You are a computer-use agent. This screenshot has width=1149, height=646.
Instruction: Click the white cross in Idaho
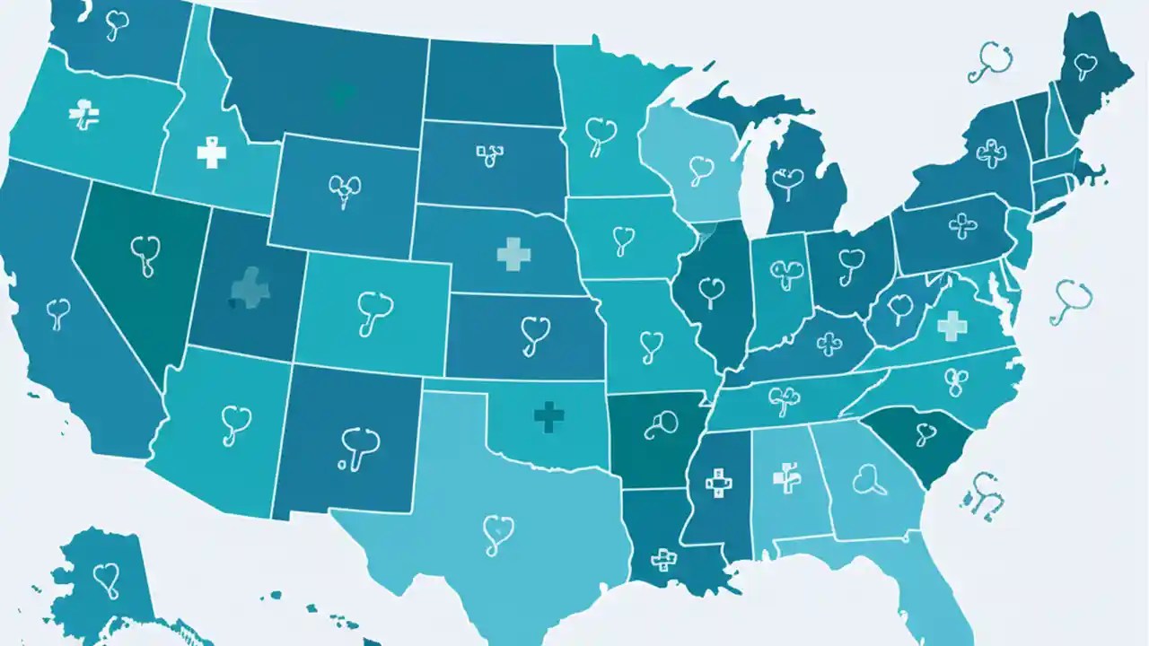211,153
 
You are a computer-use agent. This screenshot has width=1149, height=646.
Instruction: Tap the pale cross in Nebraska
513,254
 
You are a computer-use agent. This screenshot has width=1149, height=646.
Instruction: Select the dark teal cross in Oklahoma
548,415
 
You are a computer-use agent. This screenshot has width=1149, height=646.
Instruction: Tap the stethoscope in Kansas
534,335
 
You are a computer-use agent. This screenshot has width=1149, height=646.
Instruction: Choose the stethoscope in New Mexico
359,447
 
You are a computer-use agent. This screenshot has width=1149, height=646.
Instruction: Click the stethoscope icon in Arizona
234,423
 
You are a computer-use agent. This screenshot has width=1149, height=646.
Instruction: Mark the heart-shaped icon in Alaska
106,579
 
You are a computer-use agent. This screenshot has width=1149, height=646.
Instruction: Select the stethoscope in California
58,314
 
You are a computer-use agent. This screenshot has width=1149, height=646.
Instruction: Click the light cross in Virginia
952,325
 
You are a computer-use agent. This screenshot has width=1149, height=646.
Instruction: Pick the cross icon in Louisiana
664,560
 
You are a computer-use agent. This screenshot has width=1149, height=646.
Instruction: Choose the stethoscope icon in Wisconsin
701,170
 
